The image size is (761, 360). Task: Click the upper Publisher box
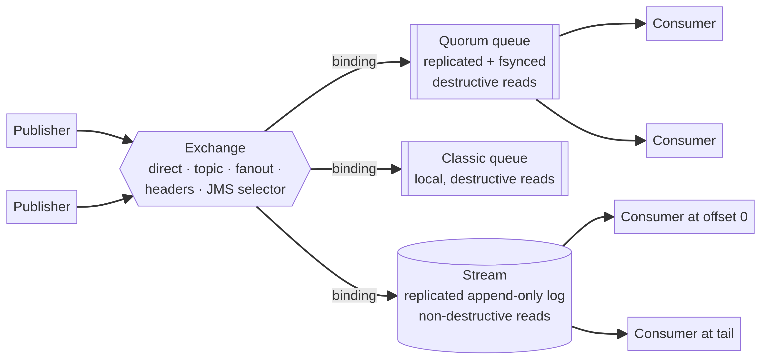pyautogui.click(x=42, y=130)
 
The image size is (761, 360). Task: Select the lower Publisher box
pyautogui.click(x=42, y=207)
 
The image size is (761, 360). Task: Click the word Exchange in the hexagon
pyautogui.click(x=215, y=148)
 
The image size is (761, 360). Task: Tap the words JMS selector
pyautogui.click(x=246, y=189)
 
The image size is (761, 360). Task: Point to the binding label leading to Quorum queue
pyautogui.click(x=354, y=61)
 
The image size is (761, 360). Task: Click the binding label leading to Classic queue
pyautogui.click(x=354, y=169)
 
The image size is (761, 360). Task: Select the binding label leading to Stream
pyautogui.click(x=354, y=295)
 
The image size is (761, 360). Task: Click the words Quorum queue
pyautogui.click(x=484, y=41)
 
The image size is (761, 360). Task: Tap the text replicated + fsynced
pyautogui.click(x=484, y=61)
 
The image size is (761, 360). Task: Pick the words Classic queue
pyautogui.click(x=484, y=158)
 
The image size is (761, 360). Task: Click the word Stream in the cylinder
pyautogui.click(x=484, y=275)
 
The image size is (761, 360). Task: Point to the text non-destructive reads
pyautogui.click(x=484, y=316)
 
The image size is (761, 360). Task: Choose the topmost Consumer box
pyautogui.click(x=684, y=24)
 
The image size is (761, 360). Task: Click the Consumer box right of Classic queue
pyautogui.click(x=684, y=140)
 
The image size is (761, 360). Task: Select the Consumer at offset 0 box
pyautogui.click(x=684, y=217)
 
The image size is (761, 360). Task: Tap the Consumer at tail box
pyautogui.click(x=684, y=334)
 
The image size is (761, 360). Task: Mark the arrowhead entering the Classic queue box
pyautogui.click(x=396, y=169)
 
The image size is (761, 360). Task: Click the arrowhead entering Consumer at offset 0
pyautogui.click(x=609, y=217)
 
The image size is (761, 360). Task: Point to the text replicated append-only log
pyautogui.click(x=484, y=296)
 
